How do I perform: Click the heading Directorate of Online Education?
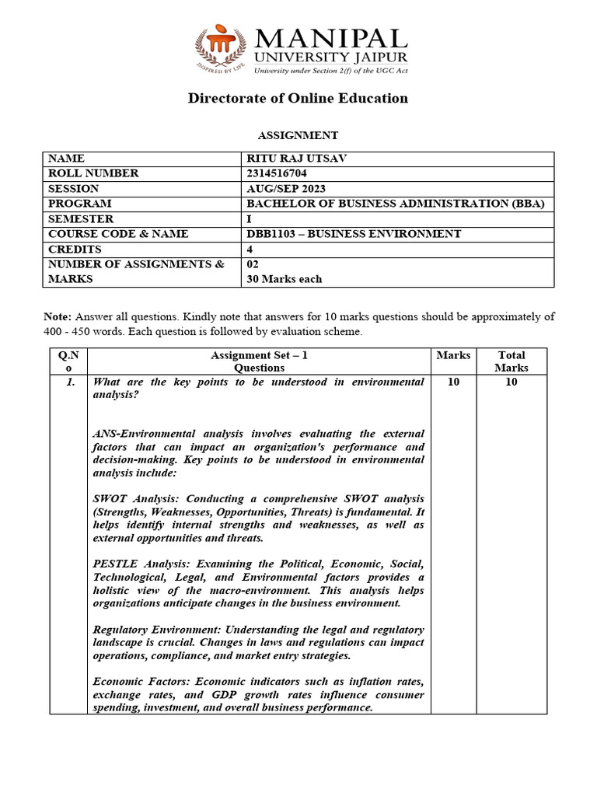[298, 98]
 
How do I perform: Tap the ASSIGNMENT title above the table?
[298, 135]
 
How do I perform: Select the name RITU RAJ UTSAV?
[296, 159]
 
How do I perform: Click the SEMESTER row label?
[80, 219]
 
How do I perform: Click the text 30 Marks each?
[284, 279]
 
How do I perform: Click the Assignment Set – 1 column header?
[259, 355]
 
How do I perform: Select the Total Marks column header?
[511, 361]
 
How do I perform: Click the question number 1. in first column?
[70, 382]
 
